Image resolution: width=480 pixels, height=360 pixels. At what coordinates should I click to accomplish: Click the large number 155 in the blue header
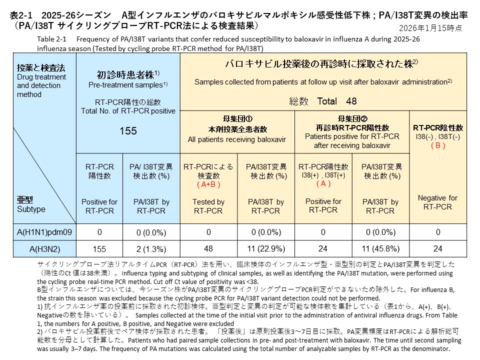click(x=128, y=131)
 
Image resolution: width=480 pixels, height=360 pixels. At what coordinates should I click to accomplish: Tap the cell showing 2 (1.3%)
click(x=151, y=248)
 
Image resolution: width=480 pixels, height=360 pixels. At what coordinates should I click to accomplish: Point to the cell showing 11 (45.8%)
click(x=380, y=248)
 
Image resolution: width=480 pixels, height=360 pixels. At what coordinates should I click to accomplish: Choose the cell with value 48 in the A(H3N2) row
click(x=208, y=248)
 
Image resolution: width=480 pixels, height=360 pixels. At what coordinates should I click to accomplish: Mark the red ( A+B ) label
click(x=208, y=184)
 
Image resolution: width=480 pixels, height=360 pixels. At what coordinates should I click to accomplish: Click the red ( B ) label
click(x=438, y=145)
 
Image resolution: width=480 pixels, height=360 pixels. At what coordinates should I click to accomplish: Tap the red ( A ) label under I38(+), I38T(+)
click(x=323, y=183)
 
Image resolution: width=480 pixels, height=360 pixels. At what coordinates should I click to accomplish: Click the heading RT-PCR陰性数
click(x=438, y=127)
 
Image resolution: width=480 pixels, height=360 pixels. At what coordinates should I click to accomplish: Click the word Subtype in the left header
click(x=31, y=208)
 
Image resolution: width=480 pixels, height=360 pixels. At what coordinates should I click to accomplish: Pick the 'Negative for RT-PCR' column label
click(x=438, y=202)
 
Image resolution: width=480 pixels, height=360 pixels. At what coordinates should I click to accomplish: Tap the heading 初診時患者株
click(x=125, y=75)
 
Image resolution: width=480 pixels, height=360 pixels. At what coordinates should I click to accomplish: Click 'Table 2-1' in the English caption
click(x=52, y=38)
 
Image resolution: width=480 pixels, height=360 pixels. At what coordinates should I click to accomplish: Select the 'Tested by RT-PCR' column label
click(x=208, y=206)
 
